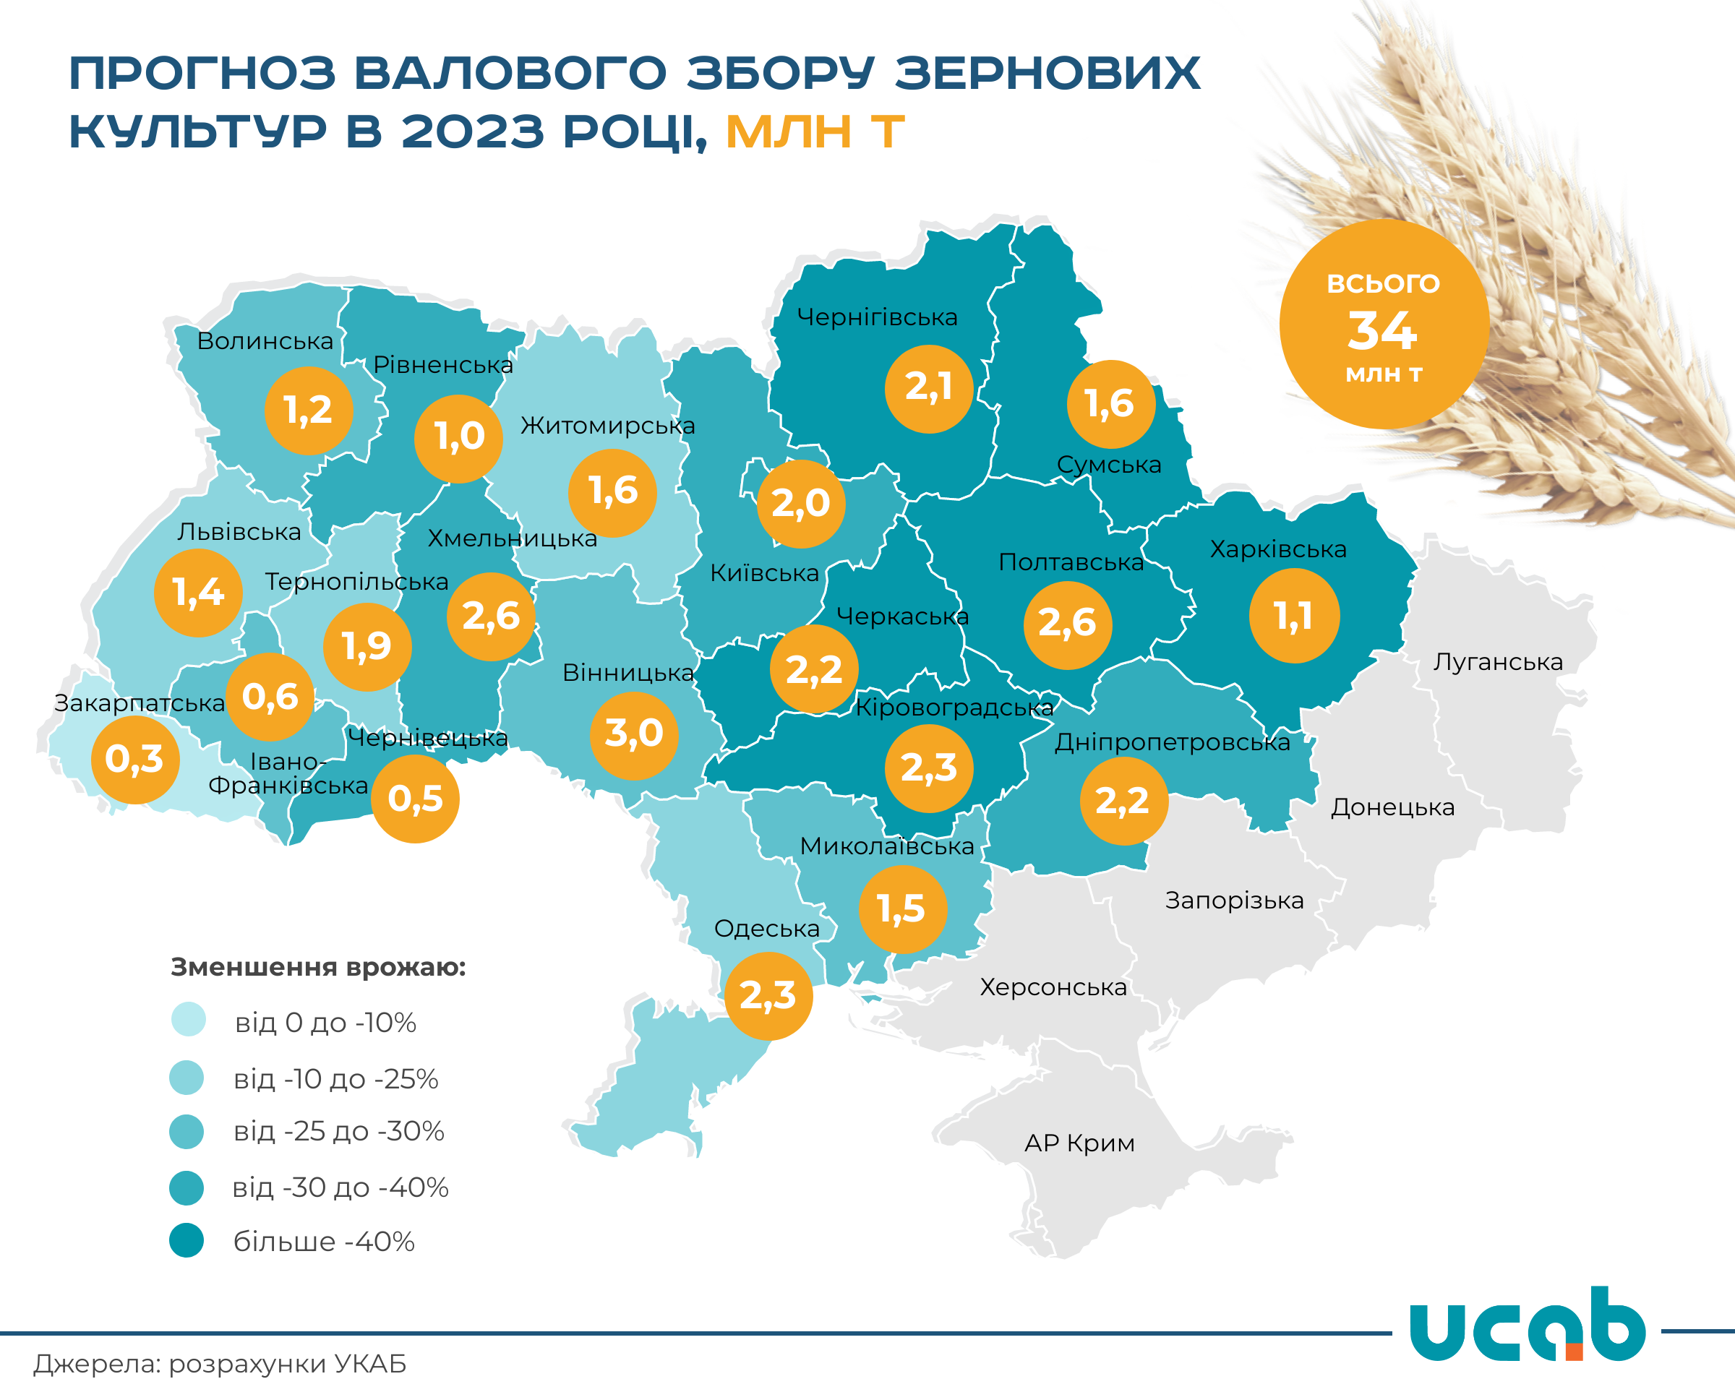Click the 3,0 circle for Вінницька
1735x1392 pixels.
(x=634, y=734)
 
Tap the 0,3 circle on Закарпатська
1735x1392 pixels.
(x=135, y=760)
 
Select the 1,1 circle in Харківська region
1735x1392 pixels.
(x=1294, y=616)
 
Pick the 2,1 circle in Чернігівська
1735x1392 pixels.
(x=929, y=389)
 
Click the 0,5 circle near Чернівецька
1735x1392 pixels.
(x=415, y=799)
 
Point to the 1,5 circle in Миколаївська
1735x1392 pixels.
(x=902, y=909)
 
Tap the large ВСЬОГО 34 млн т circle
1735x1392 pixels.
(x=1384, y=325)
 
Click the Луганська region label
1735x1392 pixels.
(x=1498, y=662)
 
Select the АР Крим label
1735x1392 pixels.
(x=1079, y=1143)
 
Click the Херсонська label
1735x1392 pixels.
(x=1053, y=987)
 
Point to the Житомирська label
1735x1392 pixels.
(x=607, y=426)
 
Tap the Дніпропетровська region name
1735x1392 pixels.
(x=1172, y=743)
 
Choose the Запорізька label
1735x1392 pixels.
(x=1233, y=901)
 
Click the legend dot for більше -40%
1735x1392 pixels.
(x=187, y=1240)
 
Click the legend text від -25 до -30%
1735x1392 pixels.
(x=339, y=1131)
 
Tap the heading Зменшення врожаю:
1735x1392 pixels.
(x=318, y=966)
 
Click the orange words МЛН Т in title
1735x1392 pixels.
(x=815, y=132)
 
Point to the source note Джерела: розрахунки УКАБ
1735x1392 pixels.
(x=220, y=1364)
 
